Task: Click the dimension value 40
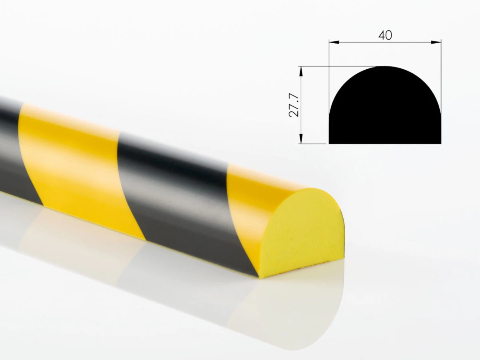pos(385,35)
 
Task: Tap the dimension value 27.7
pos(294,105)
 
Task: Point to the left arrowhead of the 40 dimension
pos(334,42)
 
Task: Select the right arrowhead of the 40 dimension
pos(436,42)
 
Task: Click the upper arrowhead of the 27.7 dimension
pos(301,71)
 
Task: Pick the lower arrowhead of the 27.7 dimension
pos(301,138)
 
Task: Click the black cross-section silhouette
pos(385,109)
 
